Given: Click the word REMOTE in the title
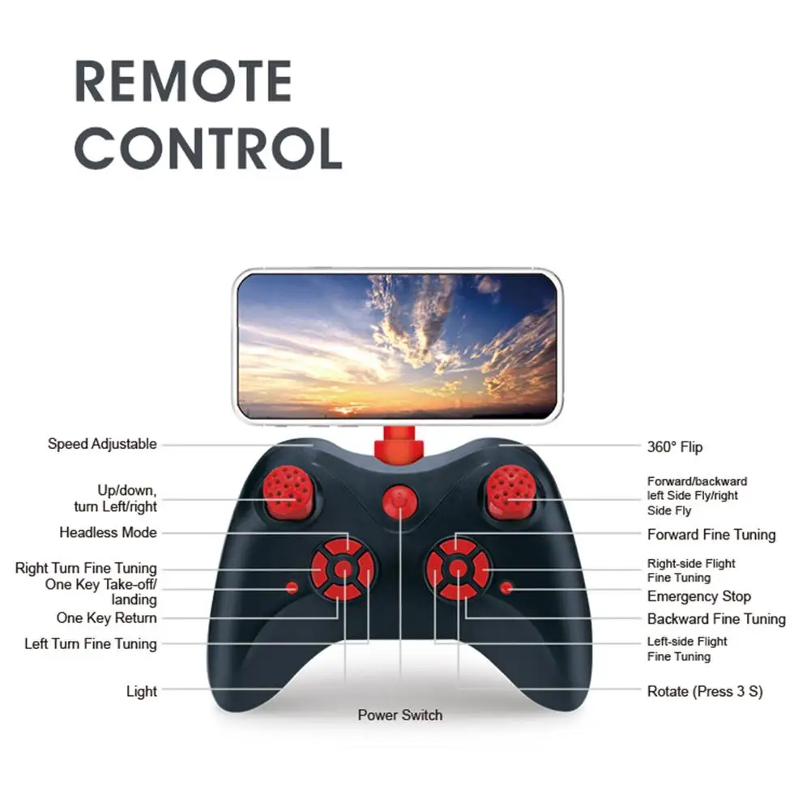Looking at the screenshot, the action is coord(183,81).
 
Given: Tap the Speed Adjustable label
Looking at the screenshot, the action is coord(102,444).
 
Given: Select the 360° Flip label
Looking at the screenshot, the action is coord(675,446).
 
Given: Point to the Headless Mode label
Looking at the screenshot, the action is coord(108,533).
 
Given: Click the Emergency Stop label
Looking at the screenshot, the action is coord(698,597).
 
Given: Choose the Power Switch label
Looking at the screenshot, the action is coord(400,715).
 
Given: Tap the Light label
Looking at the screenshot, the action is coord(142,692).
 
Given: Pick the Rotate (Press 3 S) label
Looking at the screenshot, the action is coord(705,692).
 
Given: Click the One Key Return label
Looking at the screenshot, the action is coord(107,618).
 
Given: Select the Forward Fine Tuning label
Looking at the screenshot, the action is coord(711,535).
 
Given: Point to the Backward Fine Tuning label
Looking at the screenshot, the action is coord(716,620).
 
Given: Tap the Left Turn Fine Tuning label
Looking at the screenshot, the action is coord(91,644).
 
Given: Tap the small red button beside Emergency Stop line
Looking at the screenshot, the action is coord(507,587).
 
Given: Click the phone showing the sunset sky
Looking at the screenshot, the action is coord(398,346).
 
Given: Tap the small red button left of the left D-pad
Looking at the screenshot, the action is coord(292,587).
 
